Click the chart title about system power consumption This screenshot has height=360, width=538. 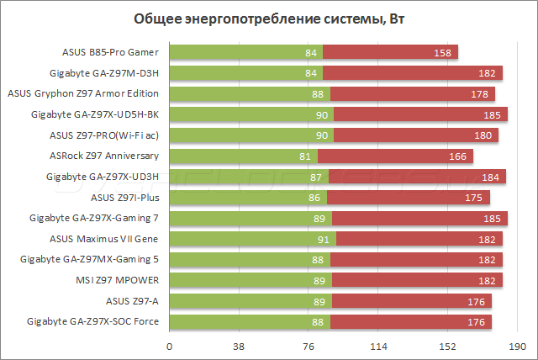pos(268,19)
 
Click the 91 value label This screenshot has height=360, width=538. pos(324,239)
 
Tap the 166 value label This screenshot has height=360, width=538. pos(458,156)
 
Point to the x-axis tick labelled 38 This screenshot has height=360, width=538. pos(239,346)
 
